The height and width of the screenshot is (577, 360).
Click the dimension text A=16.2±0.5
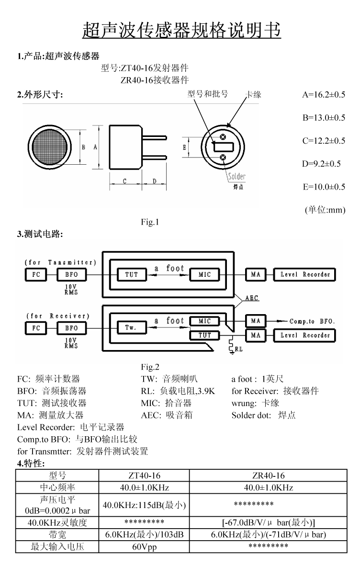pos(324,94)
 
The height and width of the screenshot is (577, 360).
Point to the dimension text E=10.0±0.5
pos(324,187)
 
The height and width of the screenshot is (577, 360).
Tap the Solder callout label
pos(236,176)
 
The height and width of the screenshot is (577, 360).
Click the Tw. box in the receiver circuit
pos(132,328)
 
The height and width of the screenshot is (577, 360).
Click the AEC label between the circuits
pos(252,298)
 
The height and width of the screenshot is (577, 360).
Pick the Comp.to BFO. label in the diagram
pos(312,321)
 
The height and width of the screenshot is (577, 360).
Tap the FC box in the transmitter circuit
pos(36,274)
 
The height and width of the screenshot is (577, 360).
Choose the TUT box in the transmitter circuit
pos(132,274)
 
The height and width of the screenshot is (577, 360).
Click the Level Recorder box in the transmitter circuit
pos(304,274)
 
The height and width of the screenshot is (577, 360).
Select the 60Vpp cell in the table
pos(144,546)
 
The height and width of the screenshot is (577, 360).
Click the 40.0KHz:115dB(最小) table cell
pos(144,505)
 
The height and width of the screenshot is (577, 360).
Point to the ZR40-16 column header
pos(269,475)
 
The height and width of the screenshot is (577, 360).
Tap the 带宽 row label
pos(57,534)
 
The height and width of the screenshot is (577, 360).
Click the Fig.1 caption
pos(150,222)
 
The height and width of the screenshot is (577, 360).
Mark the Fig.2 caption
pos(150,366)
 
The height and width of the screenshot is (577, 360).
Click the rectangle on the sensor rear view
pos(223,147)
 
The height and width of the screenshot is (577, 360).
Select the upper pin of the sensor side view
pos(155,138)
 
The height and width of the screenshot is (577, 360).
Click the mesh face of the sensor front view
pos(50,147)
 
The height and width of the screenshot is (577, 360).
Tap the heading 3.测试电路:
pos(40,234)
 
